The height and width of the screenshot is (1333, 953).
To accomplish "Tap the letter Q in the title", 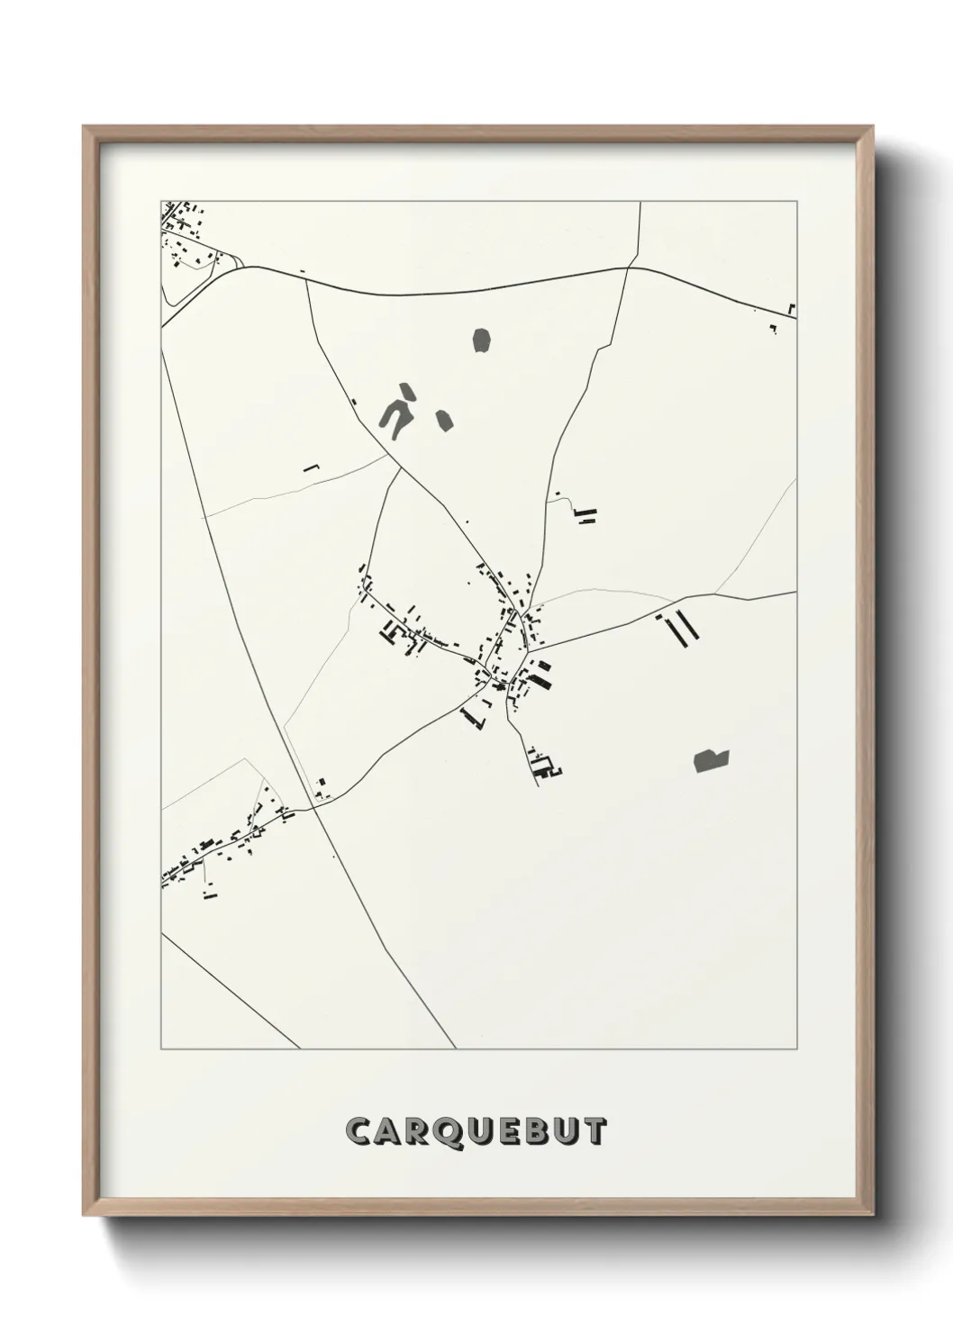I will tap(443, 1132).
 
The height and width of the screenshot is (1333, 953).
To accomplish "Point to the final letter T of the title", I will tap(595, 1131).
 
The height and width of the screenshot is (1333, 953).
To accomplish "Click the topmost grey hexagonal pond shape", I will tap(482, 340).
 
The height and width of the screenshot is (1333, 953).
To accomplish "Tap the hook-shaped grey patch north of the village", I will tap(397, 411).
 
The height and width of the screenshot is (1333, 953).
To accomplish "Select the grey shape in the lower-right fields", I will tap(711, 760).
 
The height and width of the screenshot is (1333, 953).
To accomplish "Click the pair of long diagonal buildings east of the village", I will tap(680, 628).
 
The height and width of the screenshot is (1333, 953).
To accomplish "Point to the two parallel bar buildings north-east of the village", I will tap(586, 515).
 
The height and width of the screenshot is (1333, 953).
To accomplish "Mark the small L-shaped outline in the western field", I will tap(312, 467).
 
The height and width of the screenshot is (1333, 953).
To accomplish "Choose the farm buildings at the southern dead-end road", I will tap(544, 766).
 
